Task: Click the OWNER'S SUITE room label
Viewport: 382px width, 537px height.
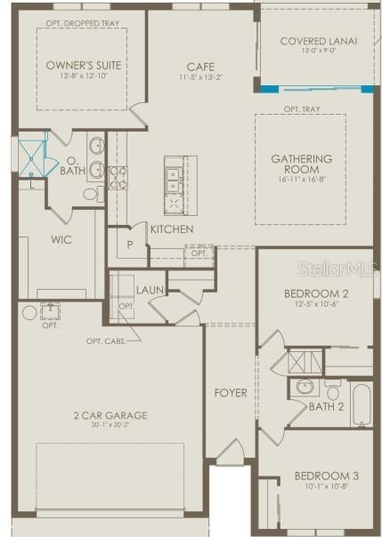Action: [x=84, y=66]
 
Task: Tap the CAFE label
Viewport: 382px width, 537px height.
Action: [x=199, y=67]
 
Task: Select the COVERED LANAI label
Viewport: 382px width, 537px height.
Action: [x=318, y=41]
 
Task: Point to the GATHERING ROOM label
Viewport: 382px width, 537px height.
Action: [x=301, y=164]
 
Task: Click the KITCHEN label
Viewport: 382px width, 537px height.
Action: [x=172, y=229]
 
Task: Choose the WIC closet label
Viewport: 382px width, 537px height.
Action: [x=61, y=239]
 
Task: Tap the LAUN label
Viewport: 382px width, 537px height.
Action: [x=150, y=290]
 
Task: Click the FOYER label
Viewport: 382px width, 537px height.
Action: [x=230, y=391]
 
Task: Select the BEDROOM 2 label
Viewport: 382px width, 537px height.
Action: [x=315, y=293]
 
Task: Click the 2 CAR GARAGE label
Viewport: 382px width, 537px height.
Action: [x=110, y=414]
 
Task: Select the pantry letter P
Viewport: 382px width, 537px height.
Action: [x=130, y=244]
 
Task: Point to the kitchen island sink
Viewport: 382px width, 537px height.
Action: [x=174, y=174]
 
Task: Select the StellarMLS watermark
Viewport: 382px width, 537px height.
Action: [x=339, y=267]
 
